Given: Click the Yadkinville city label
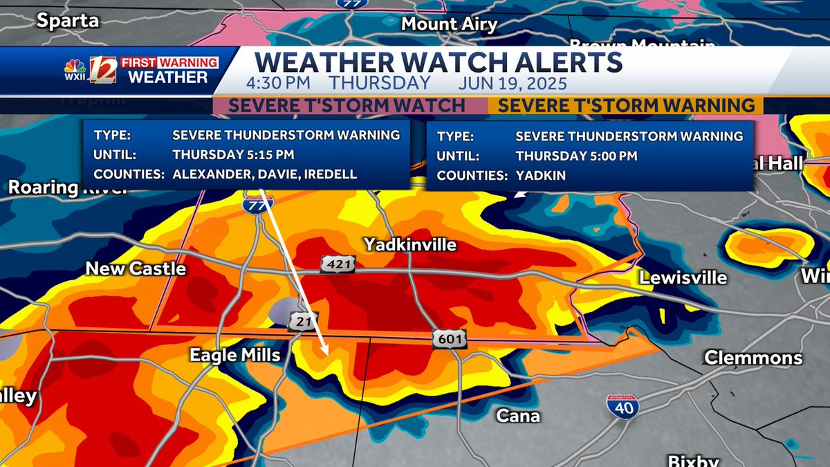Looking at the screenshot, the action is [410, 245].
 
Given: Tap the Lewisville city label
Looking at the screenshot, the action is [683, 278].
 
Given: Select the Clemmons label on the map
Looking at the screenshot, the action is [753, 358].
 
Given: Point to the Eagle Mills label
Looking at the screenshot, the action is [236, 356].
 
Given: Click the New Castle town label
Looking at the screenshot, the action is [136, 268].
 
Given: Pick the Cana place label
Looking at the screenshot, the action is [518, 416].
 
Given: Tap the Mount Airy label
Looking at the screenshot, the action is [450, 24].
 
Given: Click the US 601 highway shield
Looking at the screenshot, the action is [450, 339].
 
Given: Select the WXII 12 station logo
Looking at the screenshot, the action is [90, 71].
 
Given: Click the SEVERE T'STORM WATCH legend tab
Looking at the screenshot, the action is [347, 106].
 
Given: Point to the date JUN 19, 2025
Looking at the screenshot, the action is [513, 84].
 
